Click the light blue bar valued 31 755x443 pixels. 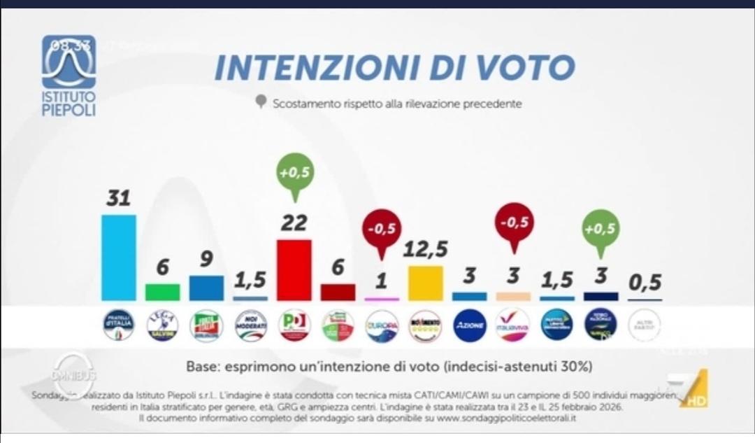tap(119, 258)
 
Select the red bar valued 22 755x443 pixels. tap(294, 270)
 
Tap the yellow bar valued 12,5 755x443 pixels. tap(425, 283)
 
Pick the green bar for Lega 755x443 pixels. tap(163, 292)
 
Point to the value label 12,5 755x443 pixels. tap(425, 249)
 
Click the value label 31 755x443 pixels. tap(119, 198)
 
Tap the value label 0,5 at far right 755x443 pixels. tap(645, 283)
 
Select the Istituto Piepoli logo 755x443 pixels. tap(69, 75)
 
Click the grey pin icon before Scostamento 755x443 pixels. tap(261, 103)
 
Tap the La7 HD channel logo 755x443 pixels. tap(689, 389)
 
